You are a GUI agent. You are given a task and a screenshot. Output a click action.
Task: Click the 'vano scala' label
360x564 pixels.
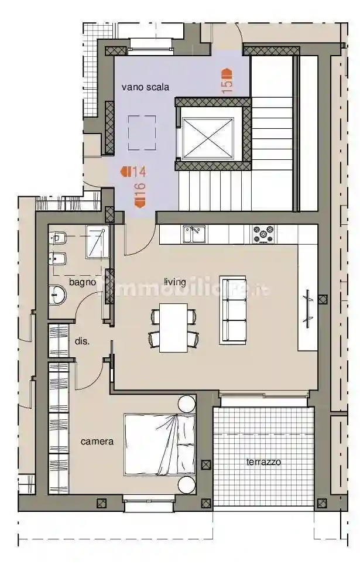tap(145, 87)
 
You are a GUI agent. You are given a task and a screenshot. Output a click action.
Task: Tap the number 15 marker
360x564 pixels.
tap(227, 81)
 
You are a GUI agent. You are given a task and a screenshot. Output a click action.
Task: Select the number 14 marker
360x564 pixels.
tap(133, 172)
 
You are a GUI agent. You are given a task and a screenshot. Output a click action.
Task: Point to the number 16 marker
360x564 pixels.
tap(139, 194)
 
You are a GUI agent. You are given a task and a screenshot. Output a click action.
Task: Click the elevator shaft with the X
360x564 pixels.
tap(208, 138)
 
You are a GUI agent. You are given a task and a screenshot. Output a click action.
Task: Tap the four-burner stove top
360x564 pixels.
tap(263, 234)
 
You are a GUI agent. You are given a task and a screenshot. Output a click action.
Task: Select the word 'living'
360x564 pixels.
tap(174, 282)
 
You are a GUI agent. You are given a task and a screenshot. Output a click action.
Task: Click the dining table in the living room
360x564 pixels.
tap(174, 327)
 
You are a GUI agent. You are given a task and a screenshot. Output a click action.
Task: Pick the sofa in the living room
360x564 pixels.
tap(233, 309)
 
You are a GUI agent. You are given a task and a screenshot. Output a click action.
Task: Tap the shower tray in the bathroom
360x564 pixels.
tap(97, 242)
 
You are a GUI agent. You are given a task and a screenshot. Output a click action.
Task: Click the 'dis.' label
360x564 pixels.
tap(82, 341)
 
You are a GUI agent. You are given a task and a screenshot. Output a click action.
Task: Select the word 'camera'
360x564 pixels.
tap(97, 442)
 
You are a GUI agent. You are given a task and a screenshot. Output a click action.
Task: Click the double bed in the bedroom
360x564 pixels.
tap(159, 445)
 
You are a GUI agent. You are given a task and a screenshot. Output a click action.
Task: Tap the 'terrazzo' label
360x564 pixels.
tap(263, 462)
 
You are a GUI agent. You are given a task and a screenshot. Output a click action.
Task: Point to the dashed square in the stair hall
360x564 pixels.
tap(142, 133)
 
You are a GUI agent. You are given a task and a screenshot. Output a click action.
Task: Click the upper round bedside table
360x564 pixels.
tap(187, 404)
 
